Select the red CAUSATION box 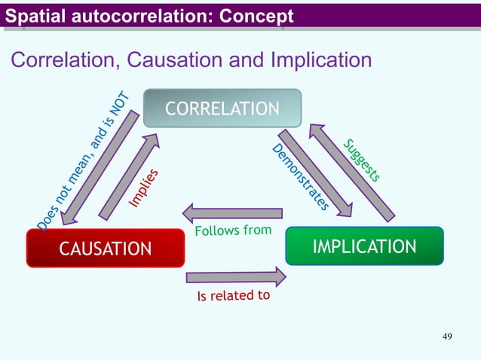point(105,248)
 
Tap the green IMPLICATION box point(364,246)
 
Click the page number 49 point(447,336)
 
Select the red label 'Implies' point(143,188)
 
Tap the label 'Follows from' point(233,229)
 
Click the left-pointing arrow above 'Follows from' point(232,213)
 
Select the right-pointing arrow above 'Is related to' point(236,278)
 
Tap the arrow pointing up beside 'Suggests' point(351,172)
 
